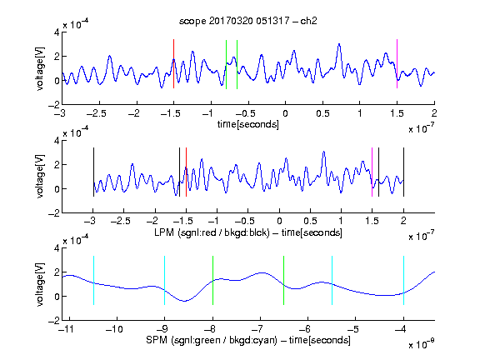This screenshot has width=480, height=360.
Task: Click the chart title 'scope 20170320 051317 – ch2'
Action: click(248, 21)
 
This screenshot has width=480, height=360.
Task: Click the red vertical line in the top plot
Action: click(173, 63)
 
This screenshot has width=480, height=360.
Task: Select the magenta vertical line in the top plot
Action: click(397, 63)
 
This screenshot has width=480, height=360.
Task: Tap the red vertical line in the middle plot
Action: click(186, 172)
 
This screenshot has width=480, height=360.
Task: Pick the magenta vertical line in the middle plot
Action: click(372, 172)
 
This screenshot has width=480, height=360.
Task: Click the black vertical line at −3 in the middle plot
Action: click(93, 172)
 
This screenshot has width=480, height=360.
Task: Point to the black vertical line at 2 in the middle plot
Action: click(403, 172)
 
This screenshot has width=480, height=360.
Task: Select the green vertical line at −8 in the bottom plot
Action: click(212, 280)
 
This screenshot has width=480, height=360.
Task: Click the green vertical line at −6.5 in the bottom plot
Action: click(284, 280)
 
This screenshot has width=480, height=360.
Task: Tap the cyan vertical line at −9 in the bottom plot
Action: click(164, 280)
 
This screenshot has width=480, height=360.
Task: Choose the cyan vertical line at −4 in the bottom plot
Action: click(403, 280)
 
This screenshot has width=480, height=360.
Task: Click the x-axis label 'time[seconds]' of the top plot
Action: click(248, 124)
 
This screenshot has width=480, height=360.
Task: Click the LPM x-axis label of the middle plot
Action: click(248, 232)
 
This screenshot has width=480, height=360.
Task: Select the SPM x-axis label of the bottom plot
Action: click(248, 340)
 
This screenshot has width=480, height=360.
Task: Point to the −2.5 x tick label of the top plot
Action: click(97, 113)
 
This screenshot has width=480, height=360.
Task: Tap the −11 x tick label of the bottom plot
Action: click(67, 329)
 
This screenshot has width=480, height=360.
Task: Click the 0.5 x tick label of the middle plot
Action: click(310, 221)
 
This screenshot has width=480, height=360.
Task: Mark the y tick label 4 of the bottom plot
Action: click(57, 248)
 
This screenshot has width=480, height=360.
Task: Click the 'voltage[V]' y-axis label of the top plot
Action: click(40, 68)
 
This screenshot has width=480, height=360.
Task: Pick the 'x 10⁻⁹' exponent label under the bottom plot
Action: click(422, 344)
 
